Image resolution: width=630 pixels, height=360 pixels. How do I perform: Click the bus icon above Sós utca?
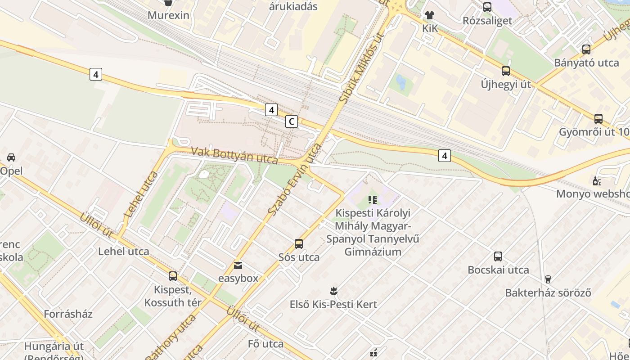coord(298,244)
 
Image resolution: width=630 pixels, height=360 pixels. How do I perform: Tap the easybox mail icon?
coord(238,265)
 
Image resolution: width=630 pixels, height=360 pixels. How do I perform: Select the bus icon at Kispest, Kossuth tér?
coord(173,276)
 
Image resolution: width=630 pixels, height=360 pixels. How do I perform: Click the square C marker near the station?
coord(292,121)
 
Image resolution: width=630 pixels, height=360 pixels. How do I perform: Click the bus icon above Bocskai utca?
coord(498,256)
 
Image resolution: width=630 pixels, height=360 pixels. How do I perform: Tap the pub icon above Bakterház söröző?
coord(548,279)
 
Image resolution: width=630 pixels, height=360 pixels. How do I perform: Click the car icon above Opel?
coord(11,157)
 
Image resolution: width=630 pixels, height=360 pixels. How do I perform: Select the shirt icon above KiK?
coord(429,15)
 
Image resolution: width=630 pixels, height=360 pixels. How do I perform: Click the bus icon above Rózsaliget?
coord(487,7)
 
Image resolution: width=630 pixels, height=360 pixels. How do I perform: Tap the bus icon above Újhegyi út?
coord(506,71)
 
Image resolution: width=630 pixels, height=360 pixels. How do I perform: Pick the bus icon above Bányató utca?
coord(586,49)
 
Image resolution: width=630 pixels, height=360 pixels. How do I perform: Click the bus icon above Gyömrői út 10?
coord(598,119)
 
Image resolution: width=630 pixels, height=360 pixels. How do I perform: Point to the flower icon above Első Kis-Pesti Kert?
coord(333,291)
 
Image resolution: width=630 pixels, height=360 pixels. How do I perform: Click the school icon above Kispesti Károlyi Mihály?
coord(372,199)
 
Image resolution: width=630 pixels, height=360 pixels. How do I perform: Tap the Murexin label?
coord(168,15)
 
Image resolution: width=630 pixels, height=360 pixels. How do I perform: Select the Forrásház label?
coord(68,314)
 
